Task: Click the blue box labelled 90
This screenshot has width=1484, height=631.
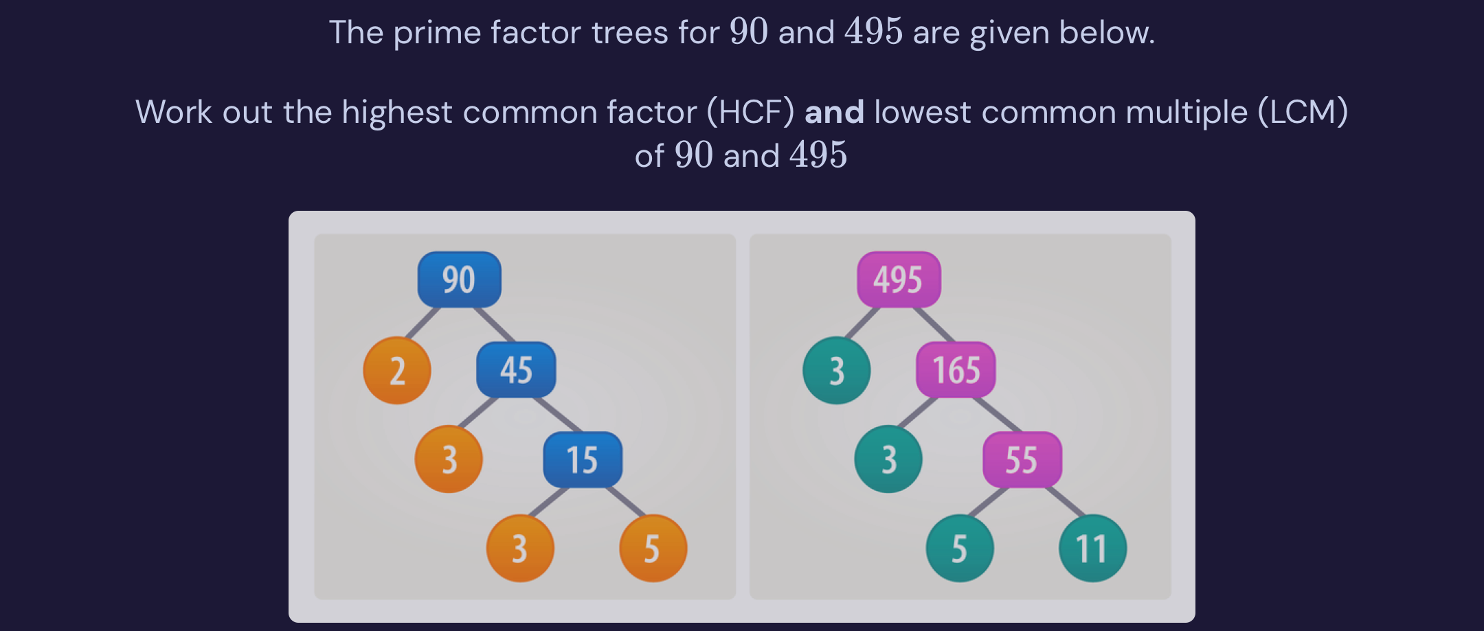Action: (x=459, y=279)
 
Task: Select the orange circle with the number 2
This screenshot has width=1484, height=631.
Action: (x=397, y=371)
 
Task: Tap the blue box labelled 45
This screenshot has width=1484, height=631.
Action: (x=516, y=370)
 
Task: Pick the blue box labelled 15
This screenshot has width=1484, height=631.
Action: (x=583, y=459)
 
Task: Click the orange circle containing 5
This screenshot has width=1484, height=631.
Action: (x=653, y=549)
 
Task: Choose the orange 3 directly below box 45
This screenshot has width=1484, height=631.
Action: (x=449, y=459)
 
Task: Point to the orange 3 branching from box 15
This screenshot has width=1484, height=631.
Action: (x=520, y=549)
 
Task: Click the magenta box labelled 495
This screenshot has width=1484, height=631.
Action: (x=899, y=279)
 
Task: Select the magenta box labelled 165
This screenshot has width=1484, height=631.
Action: (x=956, y=370)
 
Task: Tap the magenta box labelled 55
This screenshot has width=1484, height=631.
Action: (x=1022, y=459)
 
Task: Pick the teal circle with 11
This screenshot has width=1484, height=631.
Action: (x=1092, y=549)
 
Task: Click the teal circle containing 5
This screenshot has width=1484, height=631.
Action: (x=960, y=549)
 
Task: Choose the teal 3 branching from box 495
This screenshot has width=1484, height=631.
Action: (x=837, y=371)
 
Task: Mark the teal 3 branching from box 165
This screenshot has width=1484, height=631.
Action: (x=888, y=459)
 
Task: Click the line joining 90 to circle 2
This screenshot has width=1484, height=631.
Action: (x=423, y=322)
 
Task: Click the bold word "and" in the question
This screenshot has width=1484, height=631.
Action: (x=834, y=112)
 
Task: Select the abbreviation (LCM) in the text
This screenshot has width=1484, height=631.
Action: (x=1303, y=112)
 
